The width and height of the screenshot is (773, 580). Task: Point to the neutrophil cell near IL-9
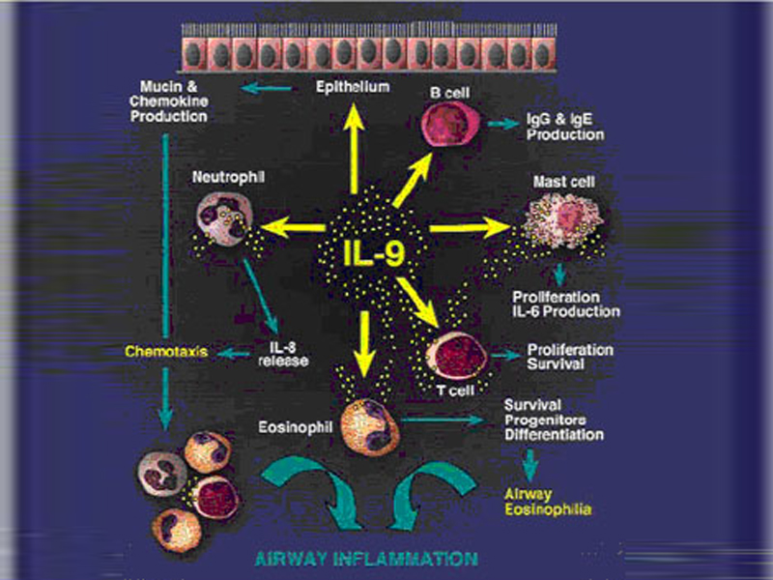[x=224, y=216]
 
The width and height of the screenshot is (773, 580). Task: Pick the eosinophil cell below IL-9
[x=369, y=424]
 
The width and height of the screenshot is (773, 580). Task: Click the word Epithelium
[x=353, y=88]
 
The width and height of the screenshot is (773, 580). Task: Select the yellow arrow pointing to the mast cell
[x=471, y=228]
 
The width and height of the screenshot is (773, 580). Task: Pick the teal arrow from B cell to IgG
[x=503, y=123]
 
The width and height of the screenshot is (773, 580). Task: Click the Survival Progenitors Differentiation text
[x=554, y=419]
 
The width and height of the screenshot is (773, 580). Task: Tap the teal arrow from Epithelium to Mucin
[x=269, y=89]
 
